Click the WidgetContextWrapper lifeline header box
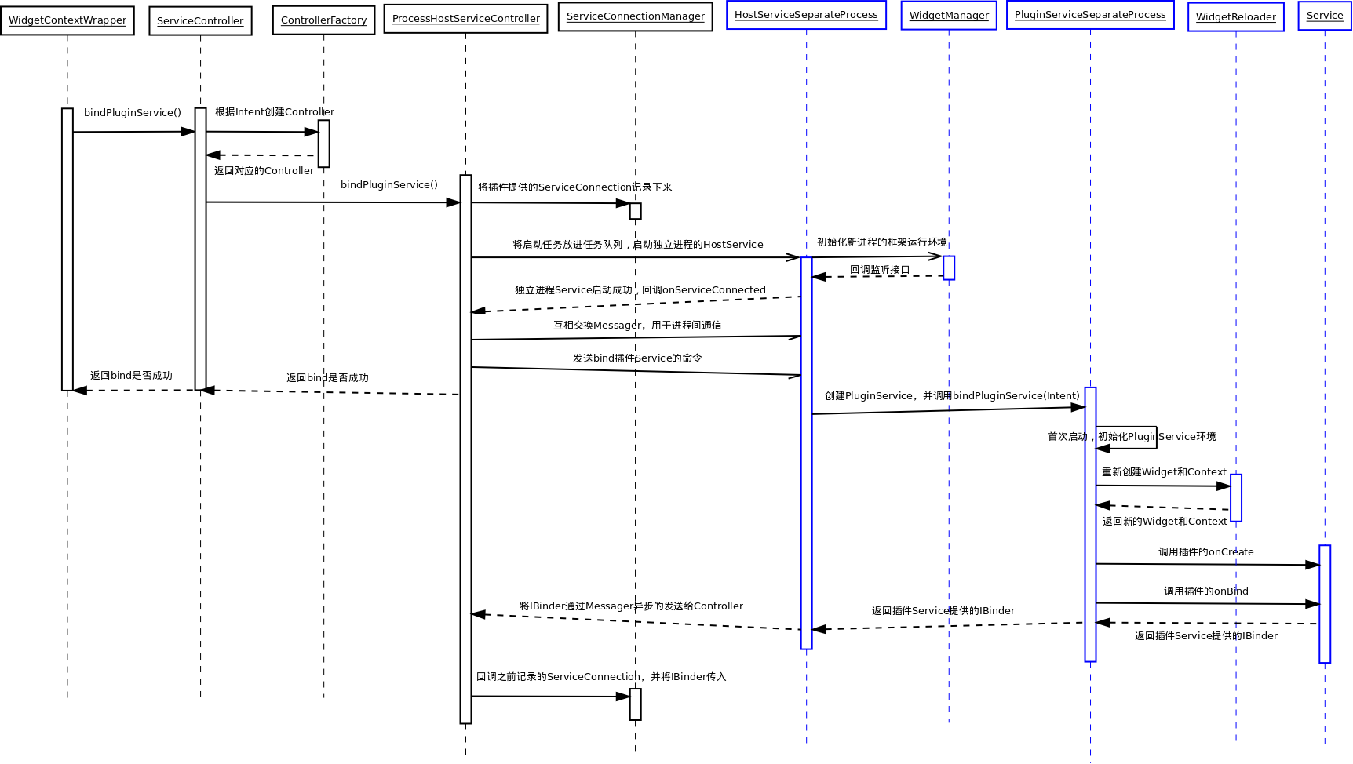click(67, 20)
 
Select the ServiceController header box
click(200, 21)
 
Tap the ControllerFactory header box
click(323, 20)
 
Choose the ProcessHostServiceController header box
click(465, 19)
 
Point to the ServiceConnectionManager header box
click(635, 16)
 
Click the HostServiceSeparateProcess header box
click(806, 15)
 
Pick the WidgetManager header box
click(949, 16)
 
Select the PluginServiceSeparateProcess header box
click(1090, 15)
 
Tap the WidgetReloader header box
click(1235, 17)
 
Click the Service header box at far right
click(1325, 16)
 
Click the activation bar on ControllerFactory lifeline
click(323, 144)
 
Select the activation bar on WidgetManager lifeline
click(949, 267)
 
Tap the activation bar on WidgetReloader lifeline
click(1236, 497)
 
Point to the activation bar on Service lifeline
click(1325, 603)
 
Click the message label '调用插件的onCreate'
click(1205, 552)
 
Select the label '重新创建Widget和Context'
click(1164, 472)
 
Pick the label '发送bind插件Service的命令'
click(637, 358)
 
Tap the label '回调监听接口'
click(880, 270)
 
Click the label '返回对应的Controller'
click(264, 171)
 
